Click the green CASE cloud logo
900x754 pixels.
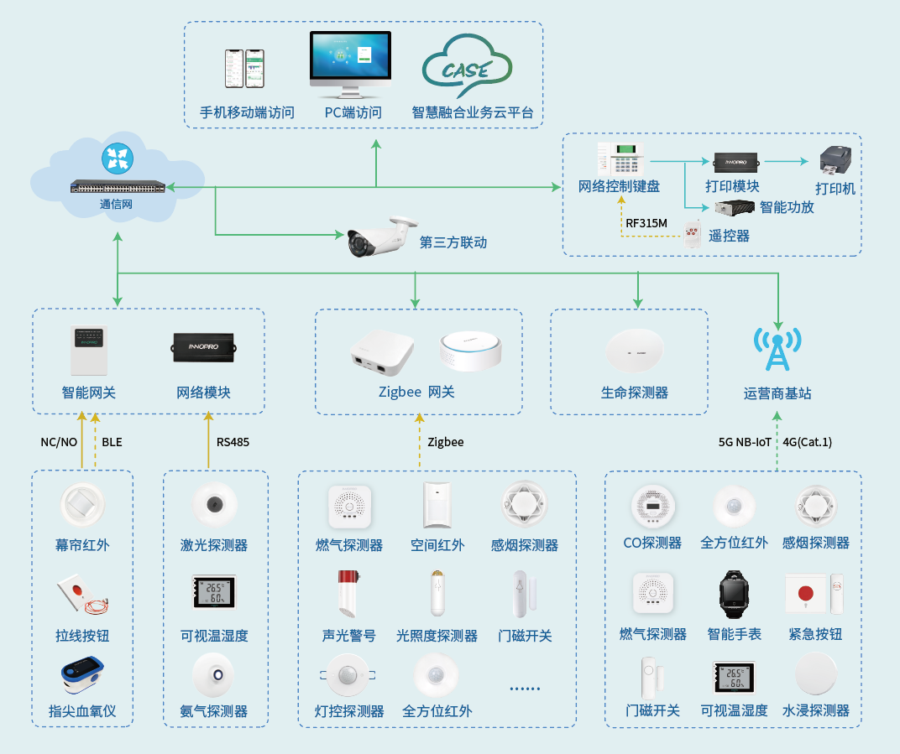click(467, 70)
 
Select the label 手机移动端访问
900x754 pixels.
click(247, 112)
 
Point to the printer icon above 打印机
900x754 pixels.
click(836, 159)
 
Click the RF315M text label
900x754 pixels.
click(646, 223)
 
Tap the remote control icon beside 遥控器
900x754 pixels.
click(693, 234)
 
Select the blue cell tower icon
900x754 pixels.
click(777, 348)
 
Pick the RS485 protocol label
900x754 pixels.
click(233, 442)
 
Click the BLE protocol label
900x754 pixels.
click(112, 442)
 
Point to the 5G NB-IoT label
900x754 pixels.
click(745, 442)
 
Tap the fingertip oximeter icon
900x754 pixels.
click(82, 678)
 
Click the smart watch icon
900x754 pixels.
click(734, 593)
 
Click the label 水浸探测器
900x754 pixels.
click(815, 710)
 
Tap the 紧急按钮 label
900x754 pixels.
click(815, 634)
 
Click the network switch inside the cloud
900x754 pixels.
click(118, 186)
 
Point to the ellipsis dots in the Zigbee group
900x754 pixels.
click(525, 689)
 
